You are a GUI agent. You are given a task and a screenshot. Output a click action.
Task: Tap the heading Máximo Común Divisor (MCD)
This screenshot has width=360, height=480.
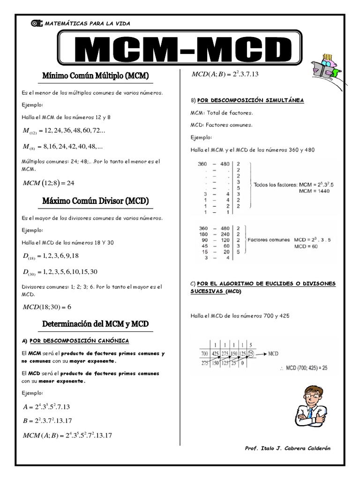(95, 202)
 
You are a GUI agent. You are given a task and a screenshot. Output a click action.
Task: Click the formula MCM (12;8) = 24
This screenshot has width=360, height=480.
(49, 182)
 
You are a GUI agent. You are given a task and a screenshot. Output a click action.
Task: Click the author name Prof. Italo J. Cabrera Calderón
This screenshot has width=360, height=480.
(287, 448)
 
